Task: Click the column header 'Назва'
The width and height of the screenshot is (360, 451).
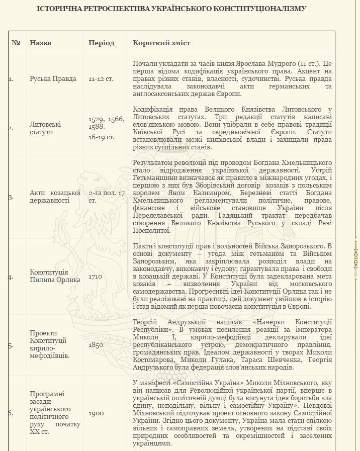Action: click(x=40, y=43)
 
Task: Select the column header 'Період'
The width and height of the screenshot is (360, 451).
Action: click(x=101, y=43)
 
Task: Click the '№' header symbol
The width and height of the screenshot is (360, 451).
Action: click(x=16, y=43)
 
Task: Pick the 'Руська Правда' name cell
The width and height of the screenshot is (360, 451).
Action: click(x=53, y=79)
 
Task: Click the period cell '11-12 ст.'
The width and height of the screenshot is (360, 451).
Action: click(x=101, y=79)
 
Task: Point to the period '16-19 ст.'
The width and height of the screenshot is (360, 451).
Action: click(x=101, y=137)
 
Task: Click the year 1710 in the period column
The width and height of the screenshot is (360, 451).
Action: click(x=96, y=277)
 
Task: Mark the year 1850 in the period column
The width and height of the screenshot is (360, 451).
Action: click(x=96, y=345)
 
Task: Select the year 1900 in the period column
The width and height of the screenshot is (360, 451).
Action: click(x=96, y=413)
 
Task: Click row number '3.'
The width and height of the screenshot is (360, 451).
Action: click(x=11, y=197)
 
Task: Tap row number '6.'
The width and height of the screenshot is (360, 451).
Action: click(x=11, y=413)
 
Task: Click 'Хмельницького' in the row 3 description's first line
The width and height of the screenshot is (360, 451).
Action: click(x=307, y=163)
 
